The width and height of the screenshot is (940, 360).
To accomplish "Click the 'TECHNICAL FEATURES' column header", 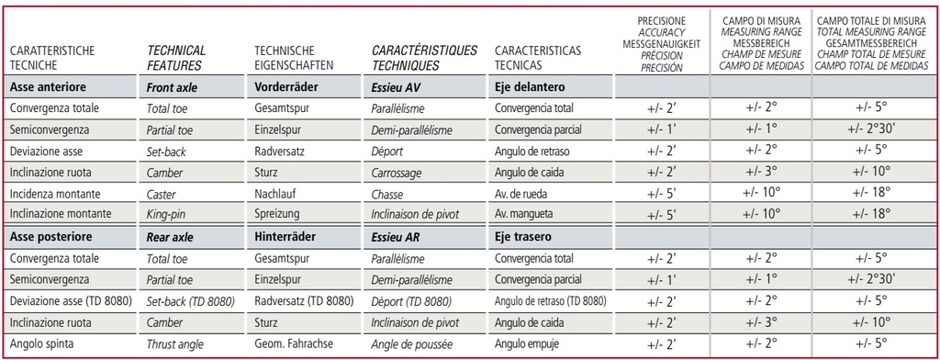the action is pyautogui.click(x=176, y=57).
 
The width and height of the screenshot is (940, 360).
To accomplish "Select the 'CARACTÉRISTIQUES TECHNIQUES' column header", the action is pyautogui.click(x=424, y=57).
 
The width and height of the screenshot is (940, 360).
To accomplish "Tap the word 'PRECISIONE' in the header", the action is pyautogui.click(x=662, y=19).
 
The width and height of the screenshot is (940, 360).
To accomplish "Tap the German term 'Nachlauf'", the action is pyautogui.click(x=277, y=194).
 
